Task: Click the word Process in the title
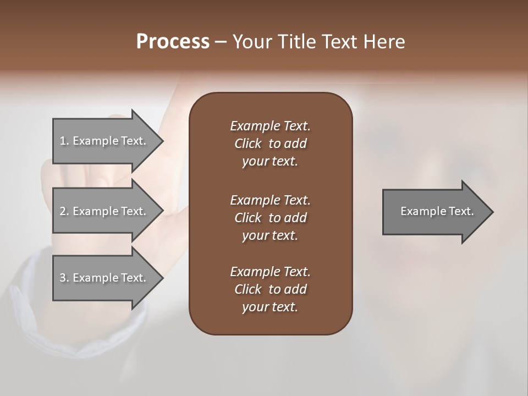(x=173, y=42)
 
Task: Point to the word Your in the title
(x=254, y=42)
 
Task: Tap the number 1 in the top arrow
(x=63, y=141)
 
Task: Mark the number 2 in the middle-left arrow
(x=63, y=211)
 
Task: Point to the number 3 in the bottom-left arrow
(x=63, y=278)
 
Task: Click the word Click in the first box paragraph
(x=248, y=144)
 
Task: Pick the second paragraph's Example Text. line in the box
(x=270, y=200)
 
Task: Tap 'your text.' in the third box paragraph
(x=270, y=307)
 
